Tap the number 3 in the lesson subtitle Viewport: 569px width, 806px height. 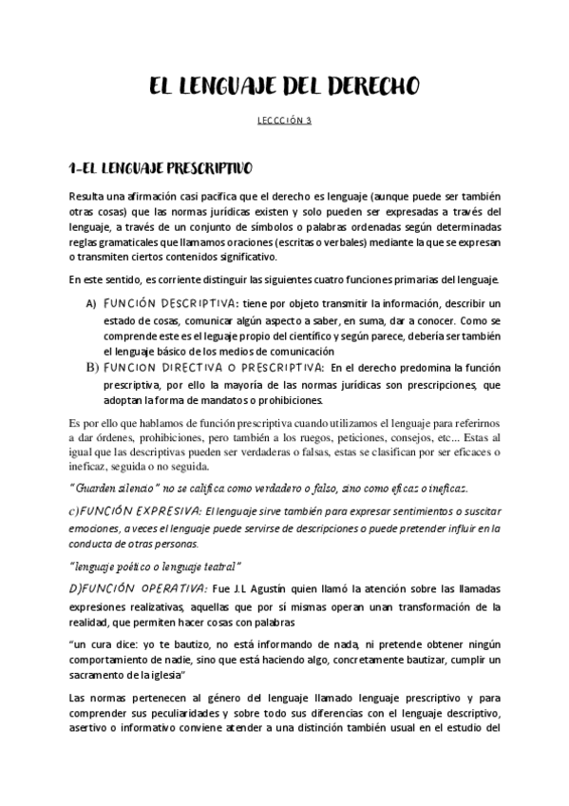tap(309, 121)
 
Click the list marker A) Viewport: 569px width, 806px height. tap(91, 303)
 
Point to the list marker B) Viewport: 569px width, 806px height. tap(92, 366)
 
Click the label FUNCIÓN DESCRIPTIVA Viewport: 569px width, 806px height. tap(171, 303)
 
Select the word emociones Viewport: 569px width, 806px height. tap(95, 529)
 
